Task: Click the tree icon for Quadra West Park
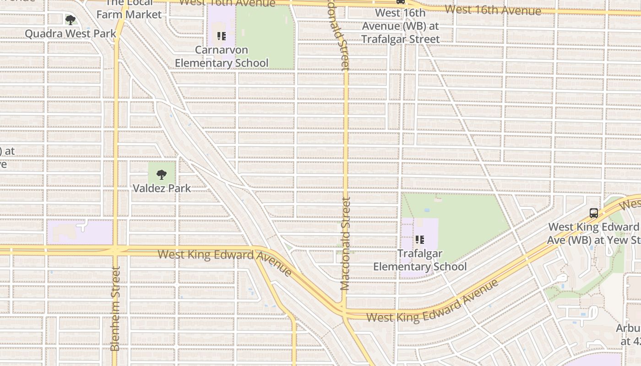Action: pyautogui.click(x=70, y=20)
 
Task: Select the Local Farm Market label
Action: pyautogui.click(x=129, y=9)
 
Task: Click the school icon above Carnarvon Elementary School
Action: pyautogui.click(x=222, y=36)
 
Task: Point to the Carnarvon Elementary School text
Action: pyautogui.click(x=222, y=57)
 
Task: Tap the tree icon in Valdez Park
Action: pyautogui.click(x=161, y=174)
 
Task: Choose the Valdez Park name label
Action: pyautogui.click(x=162, y=188)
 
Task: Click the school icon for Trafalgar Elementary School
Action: pyautogui.click(x=419, y=239)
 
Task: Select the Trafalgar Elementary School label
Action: pyautogui.click(x=420, y=260)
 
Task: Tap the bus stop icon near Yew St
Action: pyautogui.click(x=593, y=213)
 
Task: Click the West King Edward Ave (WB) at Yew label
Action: pyautogui.click(x=594, y=233)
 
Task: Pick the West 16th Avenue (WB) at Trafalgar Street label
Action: pyautogui.click(x=401, y=26)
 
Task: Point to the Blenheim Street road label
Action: pyautogui.click(x=115, y=309)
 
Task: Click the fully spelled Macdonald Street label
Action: pyautogui.click(x=345, y=243)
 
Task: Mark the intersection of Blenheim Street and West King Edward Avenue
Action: pyautogui.click(x=115, y=250)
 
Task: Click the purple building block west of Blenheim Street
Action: pyautogui.click(x=80, y=232)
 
